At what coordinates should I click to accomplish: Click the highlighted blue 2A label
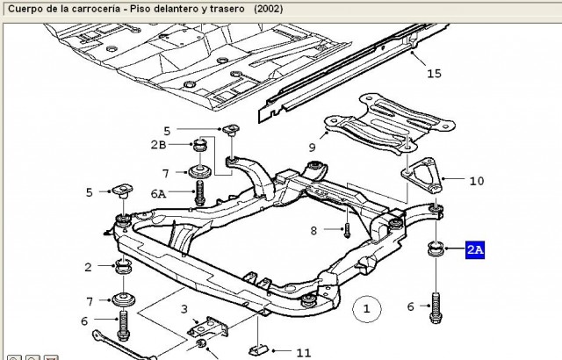click(x=475, y=249)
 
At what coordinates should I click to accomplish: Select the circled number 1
click(x=367, y=308)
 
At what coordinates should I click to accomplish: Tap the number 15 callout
click(x=434, y=74)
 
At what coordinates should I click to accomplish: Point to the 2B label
click(x=158, y=144)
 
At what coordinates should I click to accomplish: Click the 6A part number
click(x=158, y=194)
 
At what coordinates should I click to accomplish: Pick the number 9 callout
click(x=312, y=147)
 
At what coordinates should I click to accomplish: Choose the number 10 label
click(x=476, y=181)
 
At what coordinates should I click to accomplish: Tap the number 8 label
click(x=313, y=231)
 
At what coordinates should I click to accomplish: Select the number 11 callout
click(x=304, y=353)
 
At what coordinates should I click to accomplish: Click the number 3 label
click(x=184, y=309)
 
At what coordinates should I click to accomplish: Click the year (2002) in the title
click(x=269, y=9)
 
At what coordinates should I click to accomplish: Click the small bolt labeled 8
click(x=347, y=230)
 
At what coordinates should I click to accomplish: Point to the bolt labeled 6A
click(x=199, y=192)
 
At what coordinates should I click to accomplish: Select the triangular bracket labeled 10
click(x=423, y=175)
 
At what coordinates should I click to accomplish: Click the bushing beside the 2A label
click(x=436, y=248)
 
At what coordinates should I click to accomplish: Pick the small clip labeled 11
click(x=259, y=349)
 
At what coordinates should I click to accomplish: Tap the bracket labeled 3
click(x=207, y=327)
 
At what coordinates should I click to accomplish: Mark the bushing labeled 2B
click(x=201, y=145)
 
